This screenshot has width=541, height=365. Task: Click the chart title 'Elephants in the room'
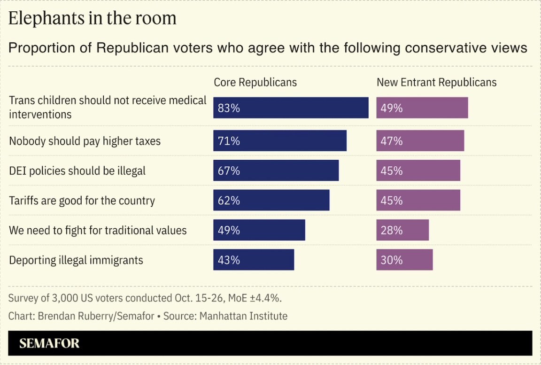coord(93,18)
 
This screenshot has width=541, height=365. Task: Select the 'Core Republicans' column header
coord(255,82)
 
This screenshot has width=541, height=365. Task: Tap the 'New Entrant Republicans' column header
coord(436,82)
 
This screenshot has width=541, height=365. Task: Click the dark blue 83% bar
coord(291,108)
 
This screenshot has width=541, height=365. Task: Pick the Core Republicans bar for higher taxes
coord(280,141)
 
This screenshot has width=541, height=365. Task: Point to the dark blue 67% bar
coord(276,171)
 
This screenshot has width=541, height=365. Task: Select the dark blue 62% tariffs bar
coord(271,201)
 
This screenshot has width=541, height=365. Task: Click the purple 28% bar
coord(402,230)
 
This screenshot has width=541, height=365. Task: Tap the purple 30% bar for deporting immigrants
coord(404,260)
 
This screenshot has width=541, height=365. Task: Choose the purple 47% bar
coord(420,141)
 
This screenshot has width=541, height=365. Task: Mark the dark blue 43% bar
coord(254,260)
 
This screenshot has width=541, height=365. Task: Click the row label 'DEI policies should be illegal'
coord(77,171)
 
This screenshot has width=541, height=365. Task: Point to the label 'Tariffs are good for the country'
coord(82,201)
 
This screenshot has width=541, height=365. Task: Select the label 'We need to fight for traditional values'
coord(98,231)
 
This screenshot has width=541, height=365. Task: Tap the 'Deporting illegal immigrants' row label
coord(76,260)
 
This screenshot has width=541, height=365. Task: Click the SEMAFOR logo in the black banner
coord(49,343)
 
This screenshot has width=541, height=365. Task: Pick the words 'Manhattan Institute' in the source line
coord(243,316)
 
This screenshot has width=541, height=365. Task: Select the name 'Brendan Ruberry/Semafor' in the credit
coord(96,316)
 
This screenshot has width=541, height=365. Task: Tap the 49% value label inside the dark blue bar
coord(229,231)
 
